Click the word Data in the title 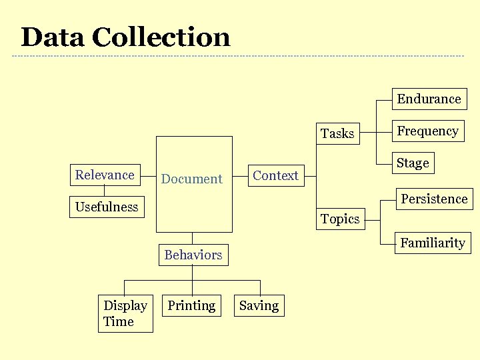pos(52,37)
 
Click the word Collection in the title pos(161,37)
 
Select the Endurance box pos(429,99)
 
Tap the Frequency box pos(428,131)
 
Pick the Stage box pos(413,163)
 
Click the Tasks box pos(337,133)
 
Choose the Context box pos(275,176)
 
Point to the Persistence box pos(434,199)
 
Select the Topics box pos(340,219)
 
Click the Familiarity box pos(433,243)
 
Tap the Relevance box pos(105,175)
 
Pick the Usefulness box pos(107,207)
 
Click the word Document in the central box pos(192,179)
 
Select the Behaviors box pos(193,255)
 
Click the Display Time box pos(125,313)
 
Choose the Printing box pos(192,306)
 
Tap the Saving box pos(259,306)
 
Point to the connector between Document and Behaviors pos(193,238)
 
